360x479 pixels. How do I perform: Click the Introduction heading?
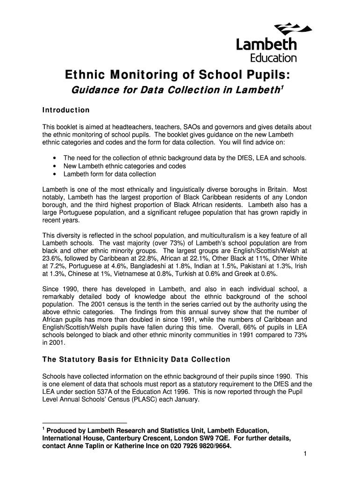(x=66, y=110)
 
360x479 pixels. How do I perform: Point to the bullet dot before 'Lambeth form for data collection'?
(x=55, y=174)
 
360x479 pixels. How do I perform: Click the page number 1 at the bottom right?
(x=304, y=454)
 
